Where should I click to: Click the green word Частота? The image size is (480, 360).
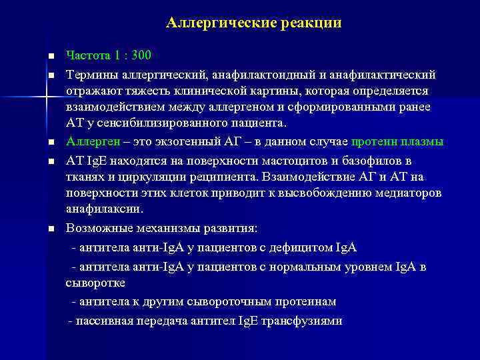87,55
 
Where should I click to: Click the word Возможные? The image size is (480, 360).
97,229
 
